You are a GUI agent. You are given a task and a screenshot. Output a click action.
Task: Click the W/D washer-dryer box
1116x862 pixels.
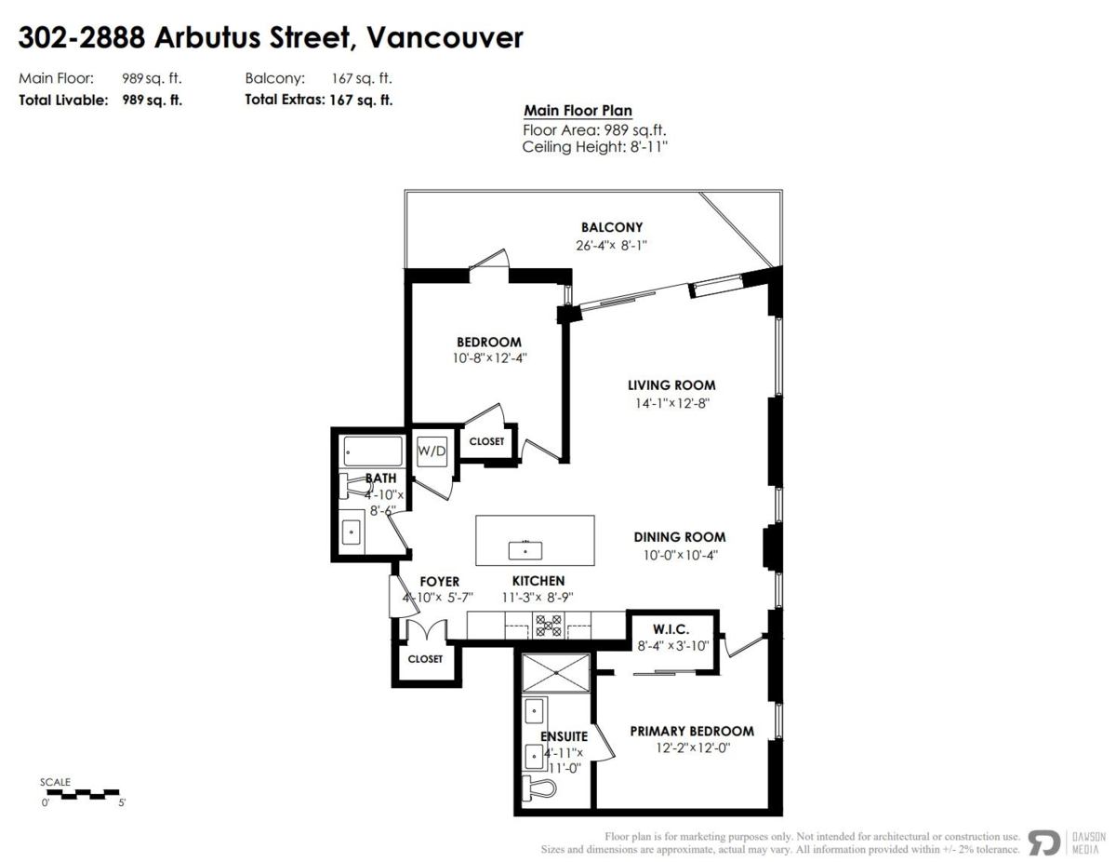pyautogui.click(x=431, y=451)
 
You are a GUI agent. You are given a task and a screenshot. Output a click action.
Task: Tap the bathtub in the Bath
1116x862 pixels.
pyautogui.click(x=372, y=452)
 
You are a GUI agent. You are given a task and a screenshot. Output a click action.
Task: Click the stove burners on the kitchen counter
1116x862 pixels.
pyautogui.click(x=549, y=625)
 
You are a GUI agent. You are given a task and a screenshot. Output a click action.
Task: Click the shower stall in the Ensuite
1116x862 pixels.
pyautogui.click(x=555, y=672)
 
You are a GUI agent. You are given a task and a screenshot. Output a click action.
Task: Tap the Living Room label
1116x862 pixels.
pyautogui.click(x=671, y=385)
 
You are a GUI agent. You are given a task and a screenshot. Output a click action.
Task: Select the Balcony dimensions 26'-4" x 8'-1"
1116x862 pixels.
pyautogui.click(x=611, y=246)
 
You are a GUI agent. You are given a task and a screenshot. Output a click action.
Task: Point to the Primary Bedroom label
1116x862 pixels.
pyautogui.click(x=692, y=731)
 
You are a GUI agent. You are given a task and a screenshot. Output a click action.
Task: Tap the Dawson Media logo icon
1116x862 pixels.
pyautogui.click(x=1043, y=842)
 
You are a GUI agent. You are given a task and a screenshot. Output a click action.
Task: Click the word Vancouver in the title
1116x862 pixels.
pyautogui.click(x=445, y=38)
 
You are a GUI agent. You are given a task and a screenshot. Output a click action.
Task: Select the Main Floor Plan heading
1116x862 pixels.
pyautogui.click(x=578, y=111)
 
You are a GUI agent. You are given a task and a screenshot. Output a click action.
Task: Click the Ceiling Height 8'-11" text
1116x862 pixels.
pyautogui.click(x=595, y=147)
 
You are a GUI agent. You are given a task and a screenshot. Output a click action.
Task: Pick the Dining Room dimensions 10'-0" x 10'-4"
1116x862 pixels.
pyautogui.click(x=679, y=555)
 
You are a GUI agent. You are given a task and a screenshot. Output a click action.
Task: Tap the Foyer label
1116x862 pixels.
pyautogui.click(x=439, y=582)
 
